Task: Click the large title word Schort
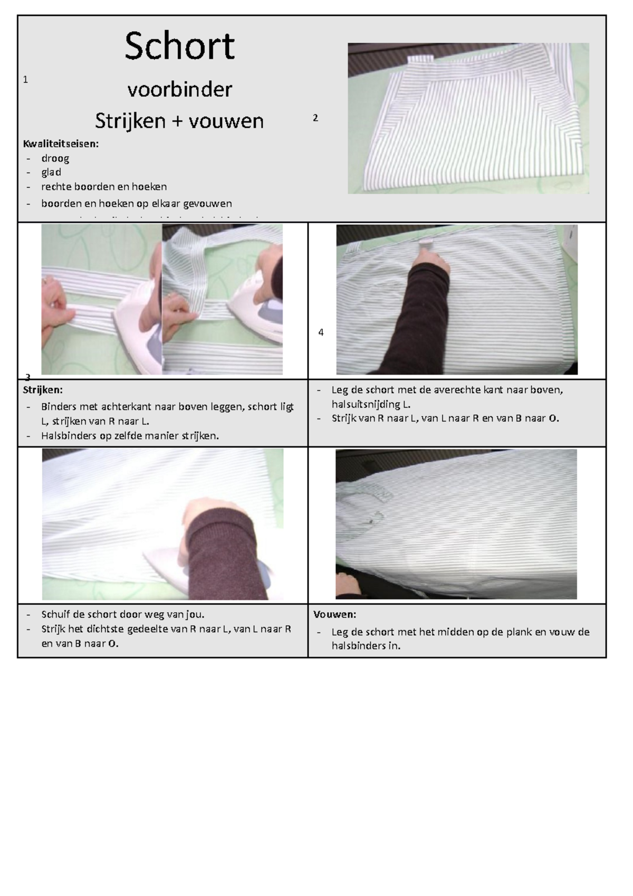(179, 46)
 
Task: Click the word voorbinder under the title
(179, 90)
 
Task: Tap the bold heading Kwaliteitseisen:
(61, 144)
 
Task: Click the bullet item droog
(55, 158)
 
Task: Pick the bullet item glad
(51, 172)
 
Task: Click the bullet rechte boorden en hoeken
(104, 186)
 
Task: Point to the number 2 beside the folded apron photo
(315, 118)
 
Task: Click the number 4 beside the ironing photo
(321, 332)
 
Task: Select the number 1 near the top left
(25, 80)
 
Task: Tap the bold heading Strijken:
(43, 390)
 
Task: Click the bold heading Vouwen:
(334, 614)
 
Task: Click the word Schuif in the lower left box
(55, 614)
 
